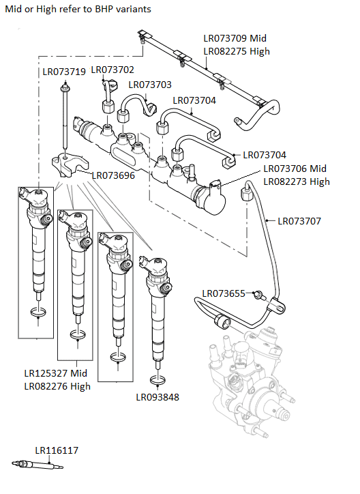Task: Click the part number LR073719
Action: point(64,71)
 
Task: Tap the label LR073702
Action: point(112,70)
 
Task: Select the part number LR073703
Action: point(150,85)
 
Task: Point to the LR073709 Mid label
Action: point(235,38)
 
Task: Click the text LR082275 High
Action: point(237,51)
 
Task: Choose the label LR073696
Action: point(113,175)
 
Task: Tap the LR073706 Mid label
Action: point(295,169)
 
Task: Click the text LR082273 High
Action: point(297,181)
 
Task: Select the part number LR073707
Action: point(299,221)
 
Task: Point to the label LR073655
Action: point(223,293)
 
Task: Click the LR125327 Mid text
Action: point(55,373)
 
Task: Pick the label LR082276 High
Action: point(57,386)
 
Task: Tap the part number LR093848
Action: point(157,397)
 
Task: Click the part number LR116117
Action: point(57,450)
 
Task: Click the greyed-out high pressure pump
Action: point(249,382)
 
